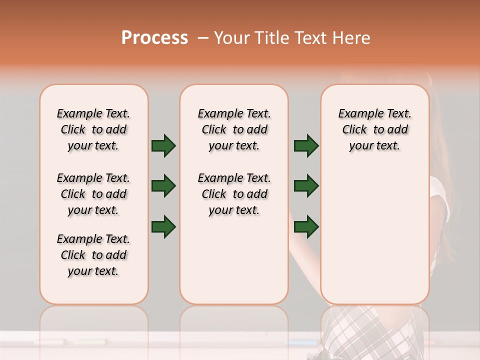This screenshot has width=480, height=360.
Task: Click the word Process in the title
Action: [154, 38]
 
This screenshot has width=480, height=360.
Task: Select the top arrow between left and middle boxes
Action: [163, 145]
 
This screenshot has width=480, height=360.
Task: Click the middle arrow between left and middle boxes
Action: [163, 186]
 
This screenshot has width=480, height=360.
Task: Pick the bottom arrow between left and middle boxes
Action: [163, 226]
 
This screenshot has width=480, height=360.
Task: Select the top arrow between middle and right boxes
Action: [306, 145]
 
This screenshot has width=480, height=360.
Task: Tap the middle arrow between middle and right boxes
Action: [306, 186]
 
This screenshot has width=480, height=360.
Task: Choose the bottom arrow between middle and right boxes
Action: [306, 226]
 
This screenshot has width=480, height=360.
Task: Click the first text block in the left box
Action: [93, 129]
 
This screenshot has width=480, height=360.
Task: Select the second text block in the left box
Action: [93, 194]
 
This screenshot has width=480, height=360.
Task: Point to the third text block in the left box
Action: [93, 255]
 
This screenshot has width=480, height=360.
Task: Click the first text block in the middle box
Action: [234, 129]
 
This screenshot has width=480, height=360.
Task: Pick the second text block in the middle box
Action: [234, 194]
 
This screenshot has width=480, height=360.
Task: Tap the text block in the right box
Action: [374, 129]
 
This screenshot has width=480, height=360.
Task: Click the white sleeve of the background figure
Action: [439, 200]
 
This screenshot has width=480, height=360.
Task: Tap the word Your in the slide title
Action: [232, 38]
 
